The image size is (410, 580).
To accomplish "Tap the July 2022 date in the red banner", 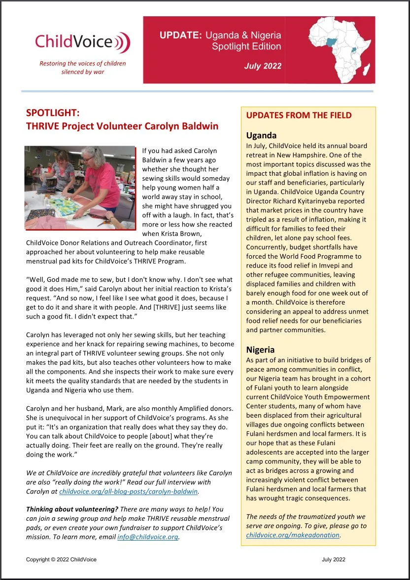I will (x=263, y=66).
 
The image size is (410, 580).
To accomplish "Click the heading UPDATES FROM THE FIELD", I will (x=299, y=116).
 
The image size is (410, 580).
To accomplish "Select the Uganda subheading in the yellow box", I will (x=261, y=135).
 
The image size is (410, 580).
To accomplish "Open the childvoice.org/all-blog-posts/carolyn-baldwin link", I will (x=129, y=492).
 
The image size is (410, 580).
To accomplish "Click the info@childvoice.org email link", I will (x=148, y=537).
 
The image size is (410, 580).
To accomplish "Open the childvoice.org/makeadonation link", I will (x=293, y=535).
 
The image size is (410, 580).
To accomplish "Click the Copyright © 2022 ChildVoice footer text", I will (x=62, y=559).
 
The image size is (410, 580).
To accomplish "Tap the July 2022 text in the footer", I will (x=333, y=559).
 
